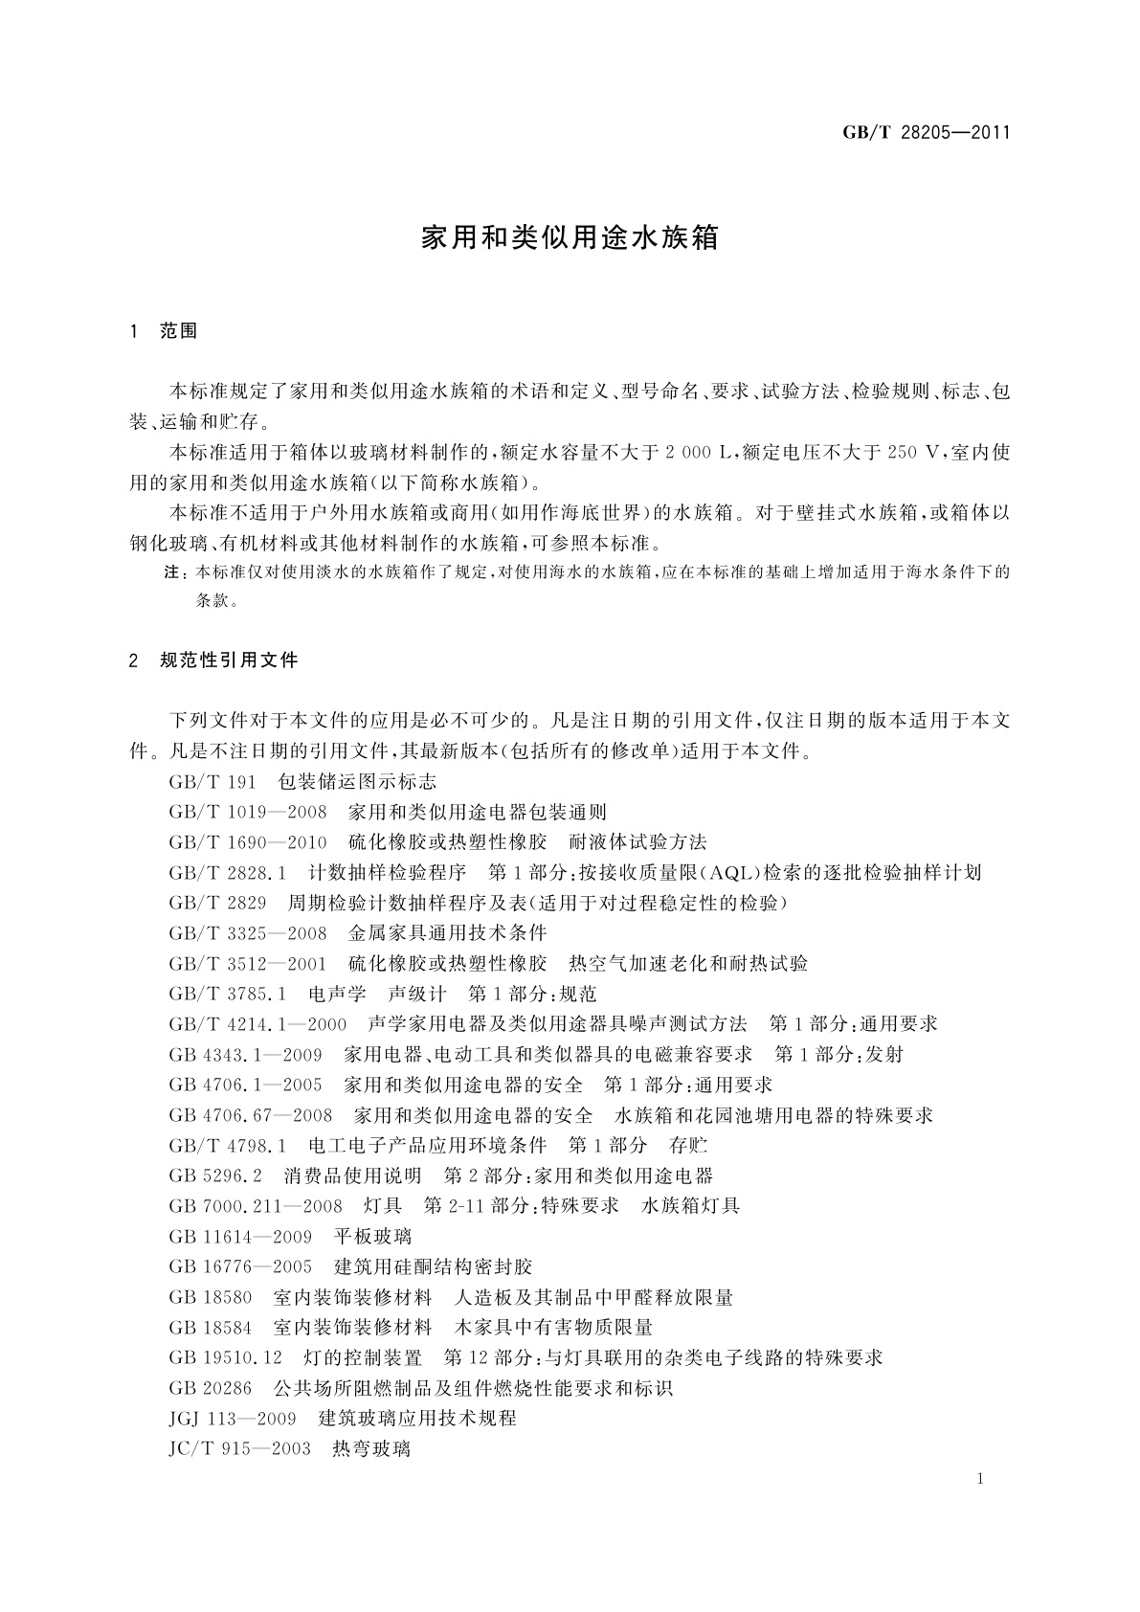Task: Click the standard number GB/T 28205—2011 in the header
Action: click(x=926, y=133)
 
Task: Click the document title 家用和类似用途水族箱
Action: click(x=570, y=238)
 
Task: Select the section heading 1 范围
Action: click(x=164, y=331)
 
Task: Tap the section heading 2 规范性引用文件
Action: click(x=213, y=660)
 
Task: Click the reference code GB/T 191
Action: click(x=212, y=782)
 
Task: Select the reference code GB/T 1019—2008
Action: click(x=248, y=813)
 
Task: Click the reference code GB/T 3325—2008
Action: click(x=248, y=933)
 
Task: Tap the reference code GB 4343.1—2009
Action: click(x=245, y=1055)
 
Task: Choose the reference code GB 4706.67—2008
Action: click(x=250, y=1115)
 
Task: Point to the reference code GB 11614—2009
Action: click(x=240, y=1237)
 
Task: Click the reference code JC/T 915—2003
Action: click(x=239, y=1449)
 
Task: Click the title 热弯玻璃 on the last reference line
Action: click(x=371, y=1449)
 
